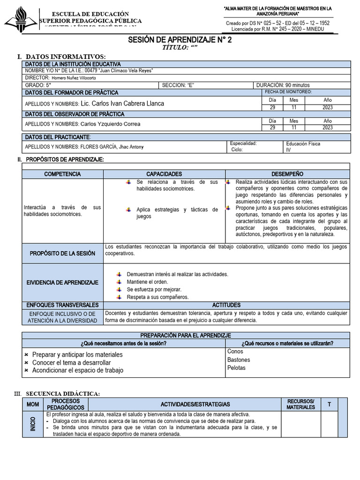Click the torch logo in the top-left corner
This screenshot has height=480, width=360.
(x=21, y=19)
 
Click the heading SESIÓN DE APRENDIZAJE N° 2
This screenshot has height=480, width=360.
(x=180, y=40)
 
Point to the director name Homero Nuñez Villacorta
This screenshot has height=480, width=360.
(x=74, y=78)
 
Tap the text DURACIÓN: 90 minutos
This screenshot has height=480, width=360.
(x=283, y=85)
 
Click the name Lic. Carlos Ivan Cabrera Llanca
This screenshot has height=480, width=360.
(x=122, y=104)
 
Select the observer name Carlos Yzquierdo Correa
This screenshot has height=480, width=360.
(x=110, y=124)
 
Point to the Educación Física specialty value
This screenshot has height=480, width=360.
(x=303, y=144)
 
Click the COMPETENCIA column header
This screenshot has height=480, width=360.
(x=62, y=174)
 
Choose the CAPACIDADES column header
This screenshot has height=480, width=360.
(x=164, y=174)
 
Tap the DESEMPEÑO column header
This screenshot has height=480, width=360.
(x=287, y=174)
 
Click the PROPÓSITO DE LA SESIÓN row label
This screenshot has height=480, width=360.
(x=62, y=254)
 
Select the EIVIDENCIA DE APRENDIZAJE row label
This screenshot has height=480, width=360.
(x=62, y=283)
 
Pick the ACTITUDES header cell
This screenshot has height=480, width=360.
(x=226, y=305)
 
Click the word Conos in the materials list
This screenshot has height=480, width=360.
(x=235, y=352)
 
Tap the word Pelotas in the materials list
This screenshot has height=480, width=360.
(x=236, y=368)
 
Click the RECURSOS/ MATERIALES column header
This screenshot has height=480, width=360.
(x=300, y=404)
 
